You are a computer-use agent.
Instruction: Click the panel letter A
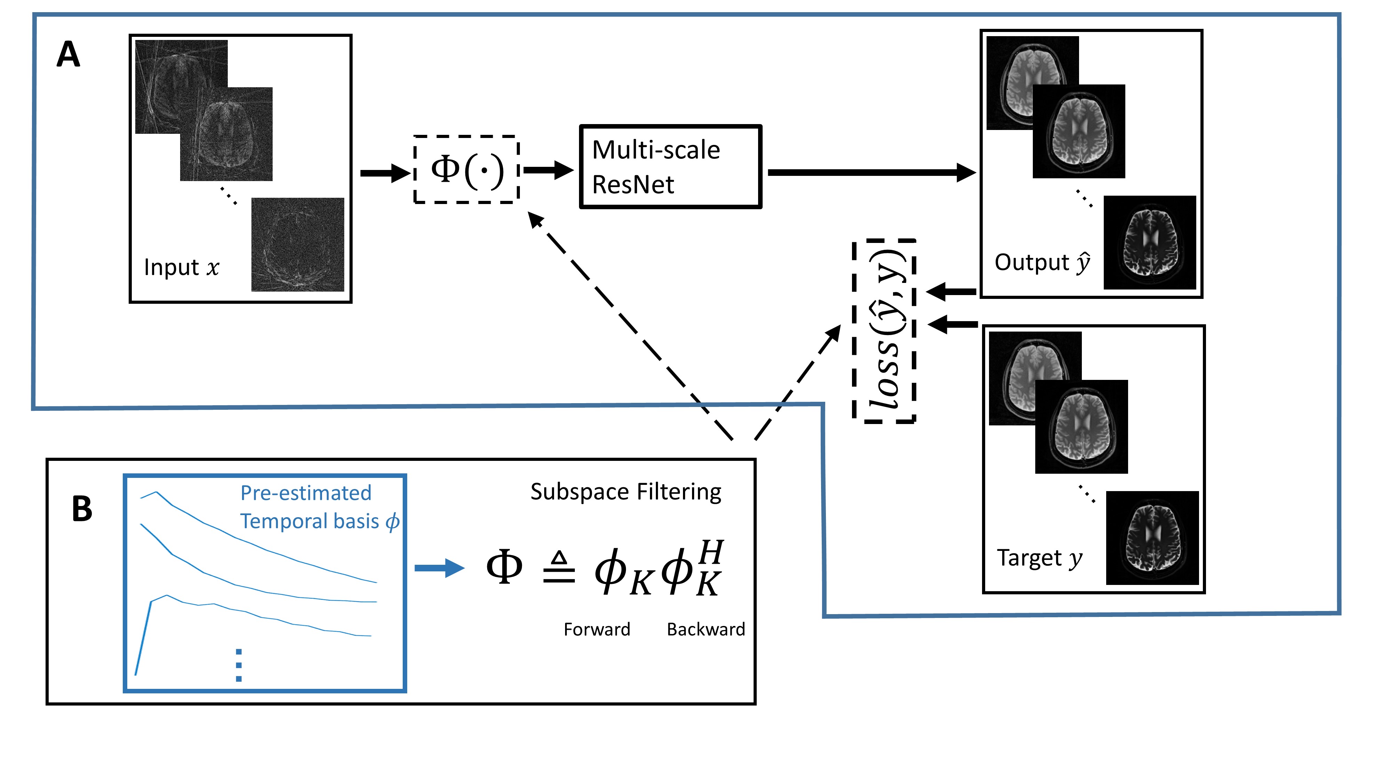(69, 55)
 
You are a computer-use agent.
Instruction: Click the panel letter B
(82, 508)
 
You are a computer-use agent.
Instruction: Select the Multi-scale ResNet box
(670, 167)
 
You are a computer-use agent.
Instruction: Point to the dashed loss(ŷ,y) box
(884, 331)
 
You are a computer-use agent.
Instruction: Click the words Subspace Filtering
(625, 492)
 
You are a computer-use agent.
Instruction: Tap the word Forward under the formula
(597, 629)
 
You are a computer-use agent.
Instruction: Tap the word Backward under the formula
(706, 629)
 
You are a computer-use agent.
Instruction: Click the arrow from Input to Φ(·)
(385, 173)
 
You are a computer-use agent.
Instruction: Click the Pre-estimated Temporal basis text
(319, 507)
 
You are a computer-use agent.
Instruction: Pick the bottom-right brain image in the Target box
(1152, 538)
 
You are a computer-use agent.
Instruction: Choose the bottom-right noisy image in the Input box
(298, 244)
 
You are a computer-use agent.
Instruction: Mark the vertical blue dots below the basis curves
(239, 665)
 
